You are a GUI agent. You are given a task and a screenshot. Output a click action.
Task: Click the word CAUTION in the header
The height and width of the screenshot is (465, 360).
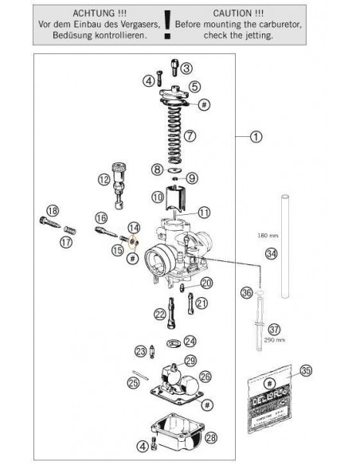coord(237,14)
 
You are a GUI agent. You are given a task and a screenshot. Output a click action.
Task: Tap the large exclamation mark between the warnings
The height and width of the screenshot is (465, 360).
coord(167,25)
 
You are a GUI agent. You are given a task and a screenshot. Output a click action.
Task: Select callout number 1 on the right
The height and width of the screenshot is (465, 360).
coord(256,136)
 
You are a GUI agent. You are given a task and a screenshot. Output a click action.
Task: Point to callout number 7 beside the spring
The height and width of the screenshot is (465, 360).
coord(190,135)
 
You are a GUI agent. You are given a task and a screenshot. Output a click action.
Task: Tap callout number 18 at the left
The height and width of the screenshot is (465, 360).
coord(53,210)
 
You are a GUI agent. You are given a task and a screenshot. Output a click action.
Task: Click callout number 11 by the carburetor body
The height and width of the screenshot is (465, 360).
coord(205,212)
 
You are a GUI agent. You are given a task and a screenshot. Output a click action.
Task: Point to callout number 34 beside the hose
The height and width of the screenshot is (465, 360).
coord(272,254)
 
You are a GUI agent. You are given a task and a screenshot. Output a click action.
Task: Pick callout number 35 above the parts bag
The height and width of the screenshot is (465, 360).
coord(305,369)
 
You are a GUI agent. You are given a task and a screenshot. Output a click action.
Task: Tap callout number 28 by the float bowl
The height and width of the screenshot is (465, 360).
coord(210,438)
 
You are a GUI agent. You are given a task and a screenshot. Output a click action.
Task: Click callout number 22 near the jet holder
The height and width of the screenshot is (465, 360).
coord(160,313)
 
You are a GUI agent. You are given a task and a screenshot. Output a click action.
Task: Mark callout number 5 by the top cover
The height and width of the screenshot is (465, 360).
coord(194,86)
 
